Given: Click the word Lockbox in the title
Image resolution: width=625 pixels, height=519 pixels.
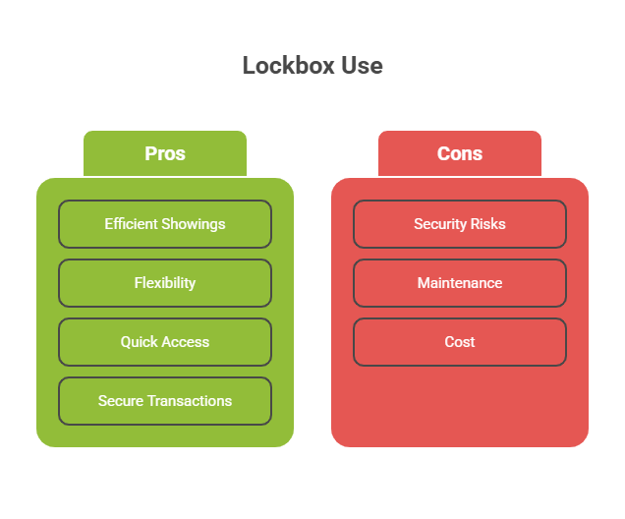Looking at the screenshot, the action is tap(289, 66).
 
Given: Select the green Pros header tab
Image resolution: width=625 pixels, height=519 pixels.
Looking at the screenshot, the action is tap(165, 153).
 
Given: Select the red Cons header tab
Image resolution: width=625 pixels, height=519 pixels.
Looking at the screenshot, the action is tap(460, 153).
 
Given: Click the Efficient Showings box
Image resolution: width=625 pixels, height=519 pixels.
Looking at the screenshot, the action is tap(165, 224).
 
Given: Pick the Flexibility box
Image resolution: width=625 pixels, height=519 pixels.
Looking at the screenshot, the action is tap(165, 283).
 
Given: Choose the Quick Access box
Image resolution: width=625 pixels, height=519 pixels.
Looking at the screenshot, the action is tap(165, 342).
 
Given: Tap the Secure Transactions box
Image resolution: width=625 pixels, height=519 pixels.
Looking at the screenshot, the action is tap(165, 401).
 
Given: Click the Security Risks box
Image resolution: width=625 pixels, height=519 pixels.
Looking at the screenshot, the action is tap(460, 224).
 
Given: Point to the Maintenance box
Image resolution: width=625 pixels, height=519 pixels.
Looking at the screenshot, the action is tap(460, 283).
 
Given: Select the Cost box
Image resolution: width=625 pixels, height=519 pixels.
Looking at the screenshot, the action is tap(460, 342).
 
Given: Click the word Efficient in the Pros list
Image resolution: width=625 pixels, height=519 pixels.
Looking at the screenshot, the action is tap(132, 224).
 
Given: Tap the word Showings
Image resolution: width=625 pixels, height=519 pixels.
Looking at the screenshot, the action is tap(194, 225).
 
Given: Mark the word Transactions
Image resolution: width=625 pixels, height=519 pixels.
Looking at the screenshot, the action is tap(190, 401).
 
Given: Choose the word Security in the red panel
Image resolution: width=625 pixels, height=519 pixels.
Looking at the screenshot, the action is tap(440, 225).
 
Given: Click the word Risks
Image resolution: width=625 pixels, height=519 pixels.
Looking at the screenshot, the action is tap(487, 224).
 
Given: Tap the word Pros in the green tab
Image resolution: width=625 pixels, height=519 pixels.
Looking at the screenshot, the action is tap(165, 153).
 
